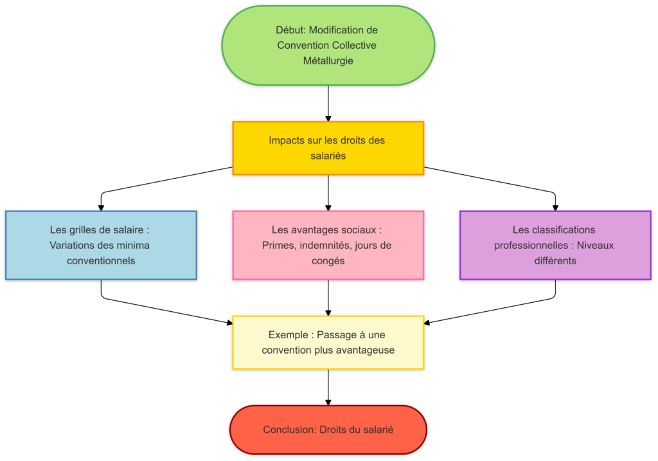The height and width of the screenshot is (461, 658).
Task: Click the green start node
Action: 328,45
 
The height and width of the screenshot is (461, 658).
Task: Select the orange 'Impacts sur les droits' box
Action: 328,148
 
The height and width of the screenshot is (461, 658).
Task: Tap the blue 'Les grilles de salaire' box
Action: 101,245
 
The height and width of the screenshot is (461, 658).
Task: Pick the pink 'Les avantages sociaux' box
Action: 328,245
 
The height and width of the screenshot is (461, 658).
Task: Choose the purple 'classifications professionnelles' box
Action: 555,245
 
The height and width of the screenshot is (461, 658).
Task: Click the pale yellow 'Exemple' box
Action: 328,342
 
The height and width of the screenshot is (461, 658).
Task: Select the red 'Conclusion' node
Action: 328,429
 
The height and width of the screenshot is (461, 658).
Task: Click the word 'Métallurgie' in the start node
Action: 328,61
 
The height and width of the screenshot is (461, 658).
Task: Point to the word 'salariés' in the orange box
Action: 328,156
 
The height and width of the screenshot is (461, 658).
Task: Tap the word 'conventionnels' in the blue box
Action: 101,261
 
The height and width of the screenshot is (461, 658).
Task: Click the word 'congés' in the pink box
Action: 328,261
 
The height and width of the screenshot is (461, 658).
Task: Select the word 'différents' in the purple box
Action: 555,261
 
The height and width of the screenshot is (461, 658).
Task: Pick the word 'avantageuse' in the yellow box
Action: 365,350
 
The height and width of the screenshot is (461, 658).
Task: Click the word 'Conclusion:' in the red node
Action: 290,429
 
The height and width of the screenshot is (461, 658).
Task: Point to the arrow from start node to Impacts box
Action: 328,103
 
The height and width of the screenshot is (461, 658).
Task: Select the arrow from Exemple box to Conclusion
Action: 328,387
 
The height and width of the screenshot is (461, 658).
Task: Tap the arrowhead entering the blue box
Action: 101,207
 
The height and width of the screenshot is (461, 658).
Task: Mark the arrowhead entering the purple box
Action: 555,207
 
